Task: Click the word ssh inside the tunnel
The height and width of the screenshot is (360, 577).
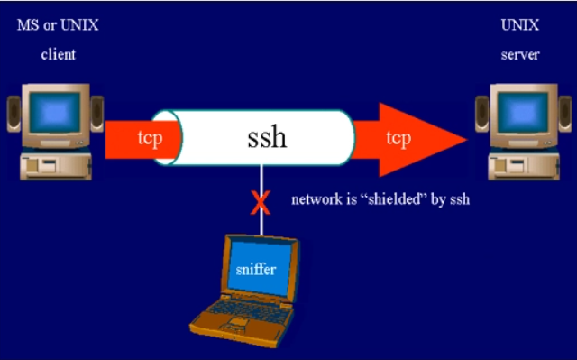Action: pos(267,137)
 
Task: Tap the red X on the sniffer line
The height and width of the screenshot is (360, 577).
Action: pos(261,202)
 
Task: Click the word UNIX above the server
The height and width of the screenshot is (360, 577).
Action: pos(519,25)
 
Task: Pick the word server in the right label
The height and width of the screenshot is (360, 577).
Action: pos(520,54)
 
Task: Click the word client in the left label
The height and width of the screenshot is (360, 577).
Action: pos(58,54)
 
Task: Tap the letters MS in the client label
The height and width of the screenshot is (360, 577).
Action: pos(28,25)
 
